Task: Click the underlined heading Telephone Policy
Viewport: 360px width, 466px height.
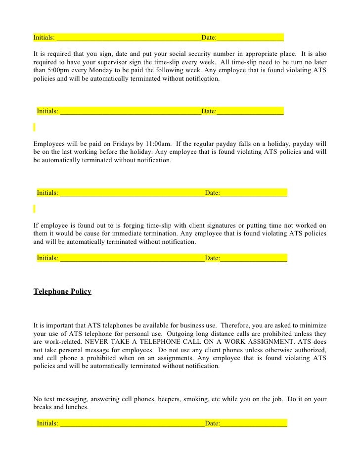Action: [x=62, y=292]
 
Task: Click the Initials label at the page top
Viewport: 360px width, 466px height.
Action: [x=44, y=37]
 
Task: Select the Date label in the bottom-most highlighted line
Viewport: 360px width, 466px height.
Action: [x=212, y=423]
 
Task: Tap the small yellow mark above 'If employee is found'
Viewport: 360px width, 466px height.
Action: [x=35, y=208]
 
